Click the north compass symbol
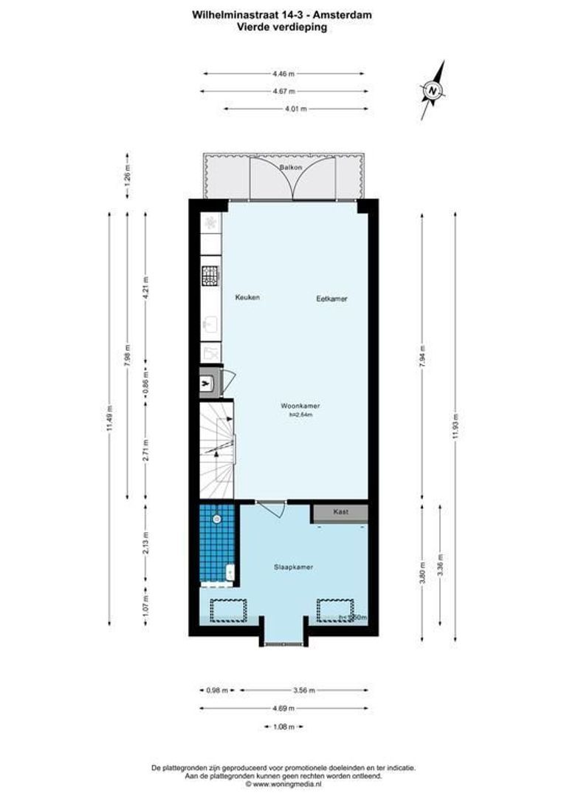tap(434, 91)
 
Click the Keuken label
tap(247, 297)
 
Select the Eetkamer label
tap(331, 299)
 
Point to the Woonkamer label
tap(300, 406)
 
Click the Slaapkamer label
tap(292, 567)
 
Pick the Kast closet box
tap(340, 512)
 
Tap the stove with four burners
tap(210, 276)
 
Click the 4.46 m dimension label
tap(283, 73)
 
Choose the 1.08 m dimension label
tap(283, 727)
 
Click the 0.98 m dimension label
tap(214, 691)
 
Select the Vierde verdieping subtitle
tap(282, 27)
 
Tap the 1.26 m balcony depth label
tap(127, 177)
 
